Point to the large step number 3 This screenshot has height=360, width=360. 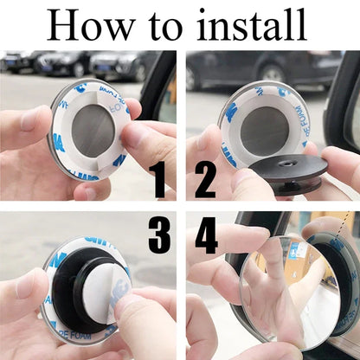tap(158, 235)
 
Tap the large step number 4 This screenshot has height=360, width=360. tap(206, 235)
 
